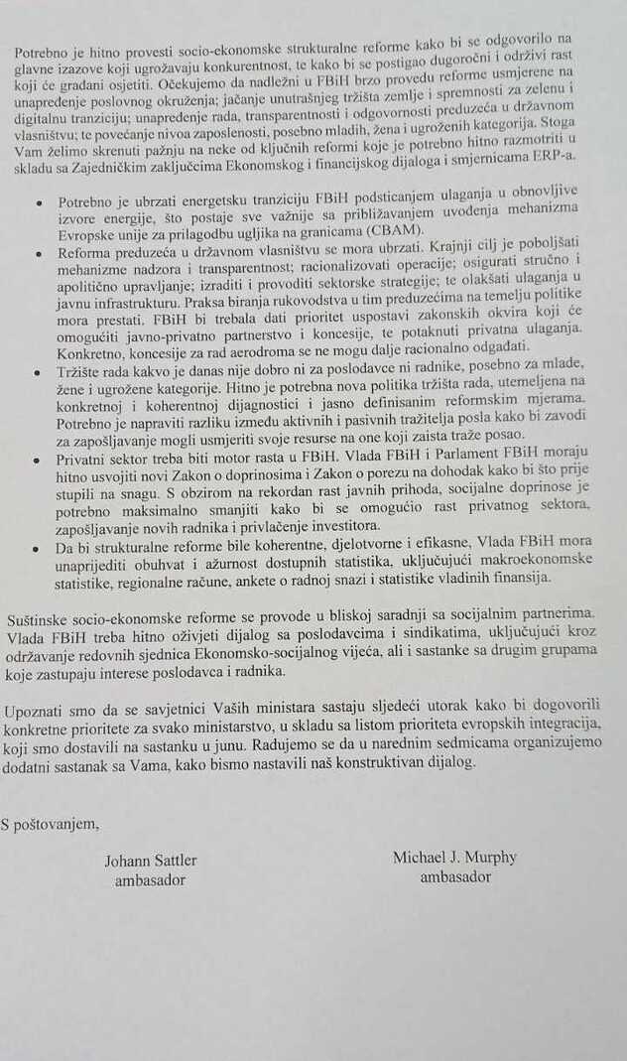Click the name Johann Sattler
tap(150, 862)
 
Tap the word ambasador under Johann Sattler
tap(150, 880)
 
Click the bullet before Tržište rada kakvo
tap(39, 370)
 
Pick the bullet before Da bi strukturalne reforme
tap(39, 546)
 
